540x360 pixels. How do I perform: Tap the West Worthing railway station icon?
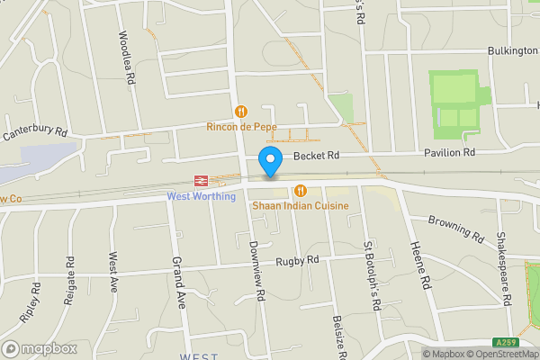coord(200,180)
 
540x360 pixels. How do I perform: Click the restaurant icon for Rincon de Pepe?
coord(240,112)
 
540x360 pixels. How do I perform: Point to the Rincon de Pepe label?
coord(241,128)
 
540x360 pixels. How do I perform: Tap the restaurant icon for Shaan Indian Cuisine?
coord(301,190)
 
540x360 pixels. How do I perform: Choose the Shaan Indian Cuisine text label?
coord(301,206)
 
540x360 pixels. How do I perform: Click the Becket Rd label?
coord(319,155)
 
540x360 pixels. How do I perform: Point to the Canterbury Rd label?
coord(36,132)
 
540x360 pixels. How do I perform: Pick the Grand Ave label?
coord(177,282)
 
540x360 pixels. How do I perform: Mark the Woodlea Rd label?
coord(126,58)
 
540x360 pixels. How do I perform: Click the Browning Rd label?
coord(456,228)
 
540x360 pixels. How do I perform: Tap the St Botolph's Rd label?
coord(372,274)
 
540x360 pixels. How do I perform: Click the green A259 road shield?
coord(505,342)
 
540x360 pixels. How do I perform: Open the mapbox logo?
coord(39,348)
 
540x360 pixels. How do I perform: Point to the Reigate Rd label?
coord(69,282)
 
